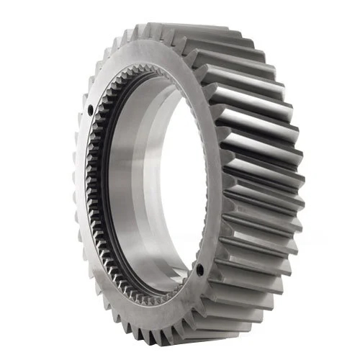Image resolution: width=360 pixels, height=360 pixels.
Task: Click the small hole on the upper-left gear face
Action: (89, 111)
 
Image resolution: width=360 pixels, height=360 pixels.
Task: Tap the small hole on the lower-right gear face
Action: (199, 271)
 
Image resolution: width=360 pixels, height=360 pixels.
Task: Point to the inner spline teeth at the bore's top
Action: (144, 68)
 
